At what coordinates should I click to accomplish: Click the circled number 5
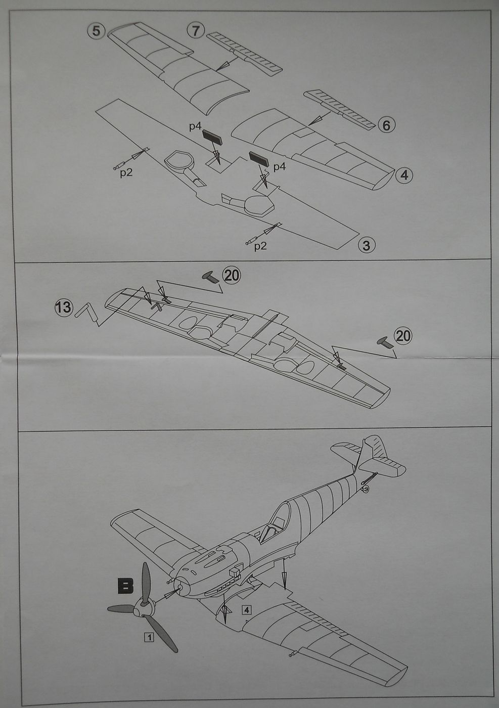[96, 31]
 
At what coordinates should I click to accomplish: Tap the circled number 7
[196, 30]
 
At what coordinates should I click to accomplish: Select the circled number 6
[386, 124]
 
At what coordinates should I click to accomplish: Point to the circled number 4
[404, 175]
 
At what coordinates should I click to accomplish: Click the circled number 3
[366, 246]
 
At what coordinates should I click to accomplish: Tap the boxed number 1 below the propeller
[149, 637]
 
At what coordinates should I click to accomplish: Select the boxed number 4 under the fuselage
[246, 610]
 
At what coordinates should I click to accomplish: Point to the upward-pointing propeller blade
[145, 582]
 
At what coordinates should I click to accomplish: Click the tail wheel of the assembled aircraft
[366, 489]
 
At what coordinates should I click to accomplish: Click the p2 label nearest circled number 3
[260, 246]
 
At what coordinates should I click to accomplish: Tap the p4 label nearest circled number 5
[196, 126]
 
